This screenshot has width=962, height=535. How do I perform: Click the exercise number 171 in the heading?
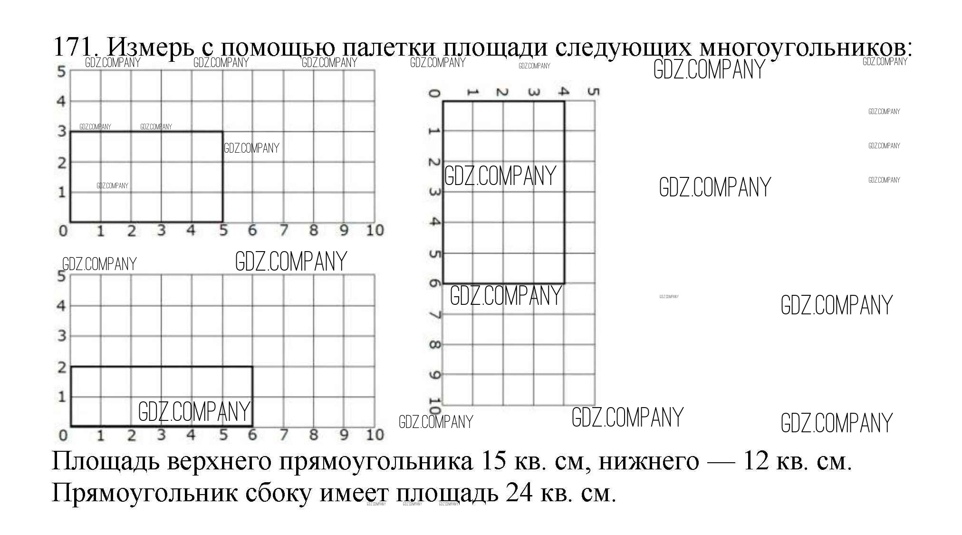point(72,47)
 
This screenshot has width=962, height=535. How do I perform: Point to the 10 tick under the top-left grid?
point(375,231)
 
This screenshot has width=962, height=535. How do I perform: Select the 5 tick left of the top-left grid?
point(61,72)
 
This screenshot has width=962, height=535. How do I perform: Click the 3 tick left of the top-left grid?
point(61,131)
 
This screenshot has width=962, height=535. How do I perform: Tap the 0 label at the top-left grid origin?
point(63,231)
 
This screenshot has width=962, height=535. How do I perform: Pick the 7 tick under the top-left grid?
point(284,231)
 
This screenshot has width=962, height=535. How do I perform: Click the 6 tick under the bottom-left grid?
point(252,435)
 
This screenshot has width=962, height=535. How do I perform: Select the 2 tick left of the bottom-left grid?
point(61,367)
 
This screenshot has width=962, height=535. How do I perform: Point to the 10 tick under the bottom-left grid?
point(375,435)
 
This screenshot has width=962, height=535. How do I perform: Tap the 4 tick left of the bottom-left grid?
point(61,305)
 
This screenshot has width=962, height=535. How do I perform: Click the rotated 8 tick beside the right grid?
point(434,344)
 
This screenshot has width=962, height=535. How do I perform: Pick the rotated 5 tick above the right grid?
point(592,91)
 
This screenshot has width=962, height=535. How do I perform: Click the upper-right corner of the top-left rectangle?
point(222,132)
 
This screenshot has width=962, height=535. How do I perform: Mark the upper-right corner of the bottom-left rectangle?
point(252,367)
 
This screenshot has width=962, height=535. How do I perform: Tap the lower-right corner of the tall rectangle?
point(564,283)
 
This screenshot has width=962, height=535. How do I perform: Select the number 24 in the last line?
point(519,493)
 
